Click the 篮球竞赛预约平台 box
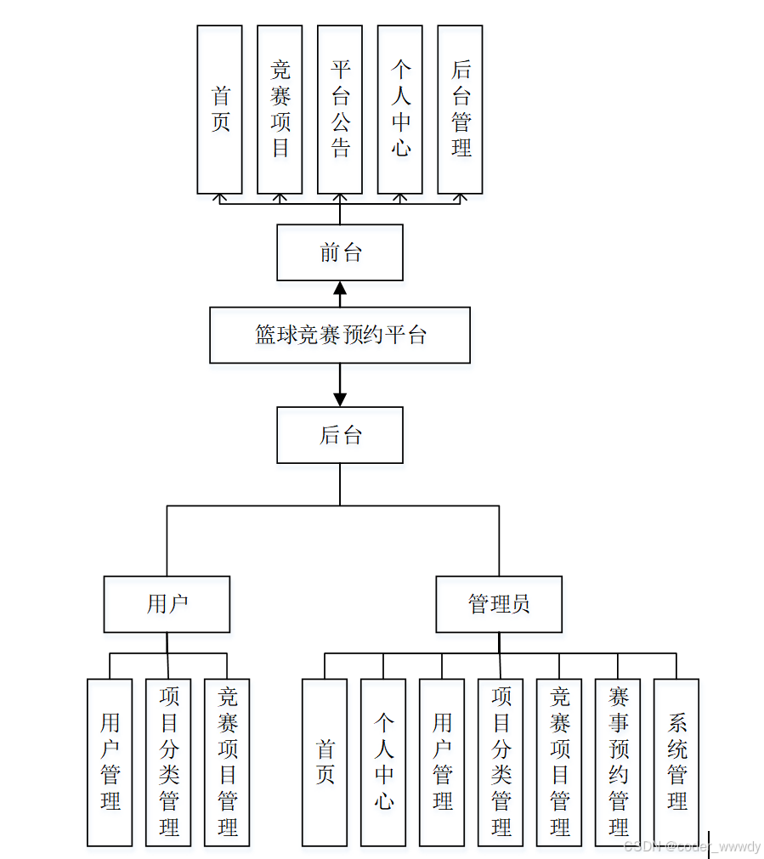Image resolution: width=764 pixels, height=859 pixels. click(340, 335)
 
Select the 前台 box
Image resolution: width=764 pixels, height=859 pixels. click(340, 252)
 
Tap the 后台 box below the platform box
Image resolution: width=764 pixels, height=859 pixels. click(340, 435)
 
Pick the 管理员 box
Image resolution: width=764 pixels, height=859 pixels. click(499, 604)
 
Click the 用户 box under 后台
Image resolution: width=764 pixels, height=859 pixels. click(167, 604)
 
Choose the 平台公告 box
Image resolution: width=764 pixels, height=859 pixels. click(340, 109)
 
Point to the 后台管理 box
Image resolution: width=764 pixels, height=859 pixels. click(460, 109)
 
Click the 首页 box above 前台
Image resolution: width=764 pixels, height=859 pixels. click(219, 109)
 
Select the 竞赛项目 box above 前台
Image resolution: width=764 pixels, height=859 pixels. click(280, 109)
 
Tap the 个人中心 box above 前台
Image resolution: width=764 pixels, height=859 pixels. click(400, 109)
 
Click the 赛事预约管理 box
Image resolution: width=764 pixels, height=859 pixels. click(618, 762)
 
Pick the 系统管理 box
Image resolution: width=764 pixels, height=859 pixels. click(676, 762)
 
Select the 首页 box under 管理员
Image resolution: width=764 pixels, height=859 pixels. click(325, 762)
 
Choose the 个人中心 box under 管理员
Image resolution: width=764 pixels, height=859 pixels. click(383, 762)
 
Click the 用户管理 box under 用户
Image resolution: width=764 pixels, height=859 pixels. click(110, 762)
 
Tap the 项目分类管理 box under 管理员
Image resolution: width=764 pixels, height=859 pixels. click(501, 762)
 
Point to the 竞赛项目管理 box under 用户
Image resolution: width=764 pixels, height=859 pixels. click(227, 762)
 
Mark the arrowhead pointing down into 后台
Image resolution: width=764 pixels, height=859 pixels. click(340, 398)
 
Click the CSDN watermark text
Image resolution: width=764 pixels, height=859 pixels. click(692, 846)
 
